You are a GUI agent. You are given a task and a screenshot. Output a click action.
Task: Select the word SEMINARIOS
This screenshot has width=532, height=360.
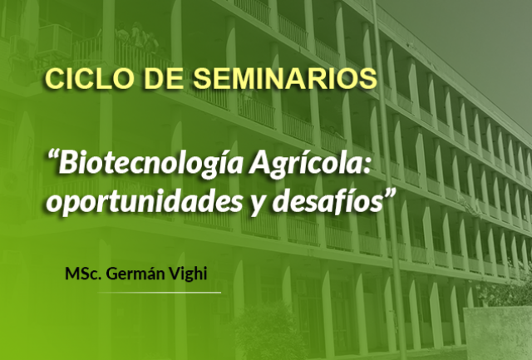(285, 79)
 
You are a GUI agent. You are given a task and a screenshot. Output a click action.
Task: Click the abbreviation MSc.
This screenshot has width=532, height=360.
(83, 274)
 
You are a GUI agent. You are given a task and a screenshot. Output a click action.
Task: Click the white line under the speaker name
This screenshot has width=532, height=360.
(160, 292)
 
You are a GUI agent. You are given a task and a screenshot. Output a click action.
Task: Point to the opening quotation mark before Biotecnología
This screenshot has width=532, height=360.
(52, 155)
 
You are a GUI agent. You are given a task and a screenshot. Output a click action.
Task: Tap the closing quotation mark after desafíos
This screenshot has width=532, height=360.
(390, 193)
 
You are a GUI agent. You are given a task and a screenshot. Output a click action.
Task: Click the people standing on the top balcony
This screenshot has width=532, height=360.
(137, 37)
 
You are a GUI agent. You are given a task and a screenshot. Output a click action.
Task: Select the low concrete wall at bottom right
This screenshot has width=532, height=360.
(498, 333)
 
